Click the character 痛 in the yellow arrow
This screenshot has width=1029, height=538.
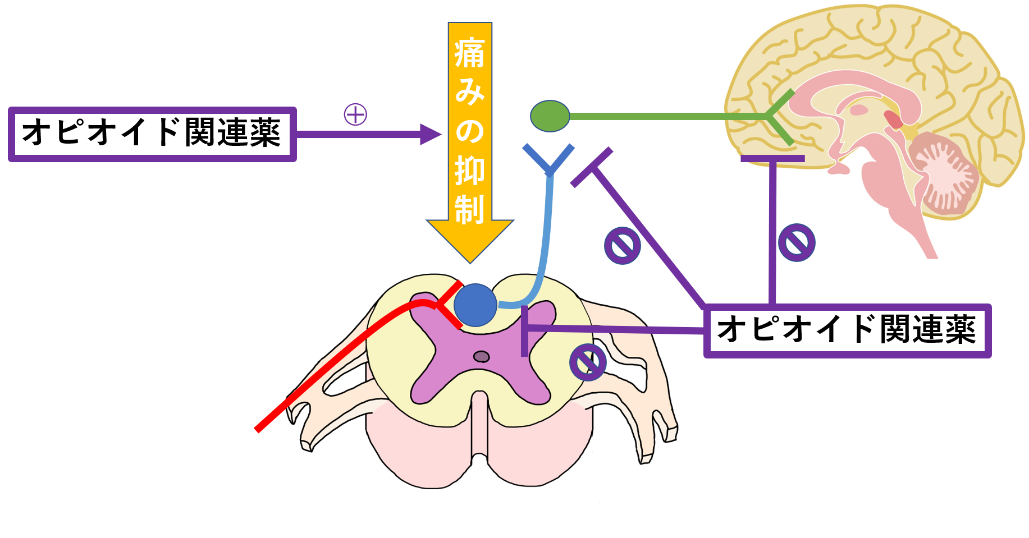(469, 54)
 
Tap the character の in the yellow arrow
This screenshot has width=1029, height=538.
(469, 130)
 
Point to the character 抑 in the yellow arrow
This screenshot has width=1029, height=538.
(469, 170)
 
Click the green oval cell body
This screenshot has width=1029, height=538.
(550, 116)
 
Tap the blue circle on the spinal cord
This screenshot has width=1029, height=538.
(475, 305)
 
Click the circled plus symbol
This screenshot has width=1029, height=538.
(355, 114)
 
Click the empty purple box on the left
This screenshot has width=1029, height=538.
(152, 135)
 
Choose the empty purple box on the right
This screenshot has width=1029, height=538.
(847, 331)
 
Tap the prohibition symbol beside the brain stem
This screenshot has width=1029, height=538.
(797, 242)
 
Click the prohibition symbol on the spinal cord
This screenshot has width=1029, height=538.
(588, 362)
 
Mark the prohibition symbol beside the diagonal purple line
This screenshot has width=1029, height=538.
(622, 246)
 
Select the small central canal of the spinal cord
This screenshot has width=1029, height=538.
(481, 356)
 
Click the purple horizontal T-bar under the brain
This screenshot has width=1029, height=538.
(772, 159)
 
